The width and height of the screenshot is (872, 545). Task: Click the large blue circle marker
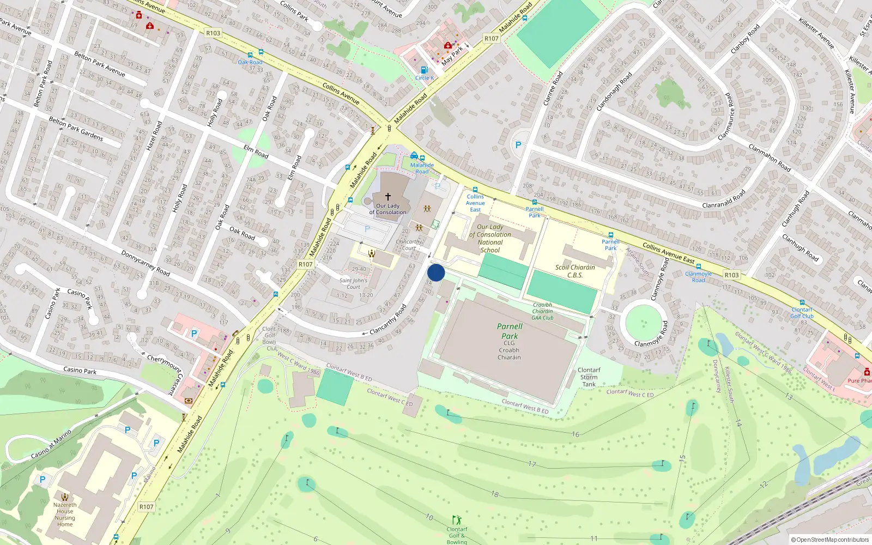pyautogui.click(x=436, y=272)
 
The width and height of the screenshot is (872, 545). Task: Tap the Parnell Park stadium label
pyautogui.click(x=510, y=331)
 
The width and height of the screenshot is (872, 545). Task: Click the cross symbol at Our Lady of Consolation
pyautogui.click(x=388, y=196)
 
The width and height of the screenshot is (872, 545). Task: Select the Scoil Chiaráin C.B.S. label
pyautogui.click(x=575, y=271)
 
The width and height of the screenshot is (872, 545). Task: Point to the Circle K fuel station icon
pyautogui.click(x=424, y=70)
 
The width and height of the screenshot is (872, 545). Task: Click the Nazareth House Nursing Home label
pyautogui.click(x=65, y=514)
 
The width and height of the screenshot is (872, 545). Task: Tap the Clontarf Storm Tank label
pyautogui.click(x=589, y=377)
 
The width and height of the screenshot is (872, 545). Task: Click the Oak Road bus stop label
pyautogui.click(x=250, y=62)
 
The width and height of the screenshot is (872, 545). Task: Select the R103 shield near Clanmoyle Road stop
pyautogui.click(x=731, y=275)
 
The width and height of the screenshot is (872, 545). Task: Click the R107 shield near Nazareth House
pyautogui.click(x=146, y=506)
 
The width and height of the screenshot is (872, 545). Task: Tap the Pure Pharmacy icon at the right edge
pyautogui.click(x=867, y=372)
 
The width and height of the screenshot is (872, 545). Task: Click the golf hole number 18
pyautogui.click(x=494, y=494)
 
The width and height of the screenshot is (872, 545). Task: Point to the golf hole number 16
pyautogui.click(x=576, y=434)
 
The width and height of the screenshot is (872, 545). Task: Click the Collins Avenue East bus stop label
pyautogui.click(x=475, y=203)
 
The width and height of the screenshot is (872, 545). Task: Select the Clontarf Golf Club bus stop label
pyautogui.click(x=802, y=313)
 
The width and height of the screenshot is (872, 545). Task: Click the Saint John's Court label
pyautogui.click(x=353, y=283)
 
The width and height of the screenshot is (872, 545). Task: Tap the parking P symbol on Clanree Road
pyautogui.click(x=518, y=145)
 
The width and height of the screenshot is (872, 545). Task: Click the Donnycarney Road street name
pyautogui.click(x=146, y=263)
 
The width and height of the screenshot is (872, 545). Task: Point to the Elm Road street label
pyautogui.click(x=256, y=152)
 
